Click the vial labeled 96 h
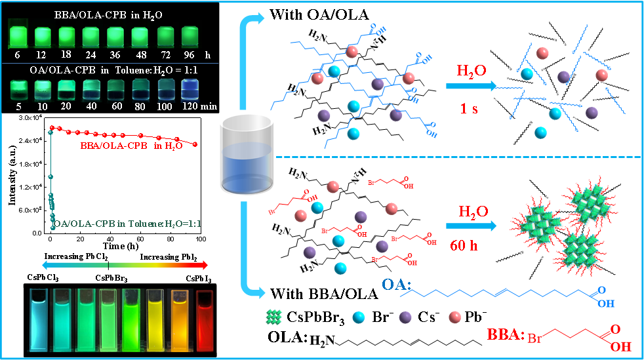(x=190, y=36)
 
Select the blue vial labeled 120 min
(x=190, y=90)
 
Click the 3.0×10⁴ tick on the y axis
(x=32, y=117)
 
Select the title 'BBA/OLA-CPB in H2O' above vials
(x=109, y=13)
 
